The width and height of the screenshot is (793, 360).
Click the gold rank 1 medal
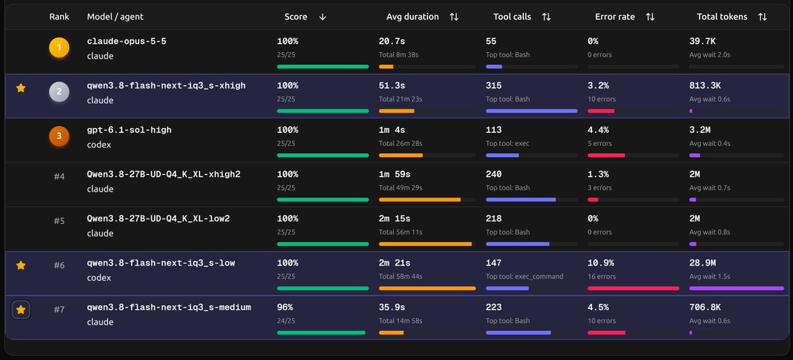click(x=59, y=48)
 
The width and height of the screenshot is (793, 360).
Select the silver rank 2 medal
click(x=59, y=92)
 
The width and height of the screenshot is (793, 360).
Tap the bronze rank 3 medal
click(x=59, y=136)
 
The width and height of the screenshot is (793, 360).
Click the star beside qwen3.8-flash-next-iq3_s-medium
click(x=21, y=310)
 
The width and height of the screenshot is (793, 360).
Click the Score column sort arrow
click(x=322, y=17)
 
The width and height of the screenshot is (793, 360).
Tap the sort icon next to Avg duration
click(x=454, y=17)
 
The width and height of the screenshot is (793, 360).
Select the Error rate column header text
click(x=615, y=17)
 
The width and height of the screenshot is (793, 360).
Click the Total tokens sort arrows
click(x=763, y=17)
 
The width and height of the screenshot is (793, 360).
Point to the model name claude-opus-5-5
click(x=127, y=41)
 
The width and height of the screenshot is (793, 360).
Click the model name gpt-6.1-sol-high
click(x=130, y=130)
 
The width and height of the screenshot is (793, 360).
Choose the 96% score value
click(x=285, y=307)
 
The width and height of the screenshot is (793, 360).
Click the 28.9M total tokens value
click(x=702, y=263)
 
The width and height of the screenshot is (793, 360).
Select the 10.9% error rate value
click(x=601, y=263)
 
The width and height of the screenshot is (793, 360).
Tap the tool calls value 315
click(x=494, y=86)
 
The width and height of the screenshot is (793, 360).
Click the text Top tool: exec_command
click(x=524, y=277)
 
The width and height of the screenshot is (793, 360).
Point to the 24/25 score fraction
click(x=286, y=321)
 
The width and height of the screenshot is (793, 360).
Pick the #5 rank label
click(x=59, y=221)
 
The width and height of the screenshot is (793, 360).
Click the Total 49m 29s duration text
click(x=400, y=188)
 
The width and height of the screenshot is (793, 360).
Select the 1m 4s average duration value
click(x=392, y=130)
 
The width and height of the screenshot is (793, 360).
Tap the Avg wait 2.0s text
click(x=710, y=55)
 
